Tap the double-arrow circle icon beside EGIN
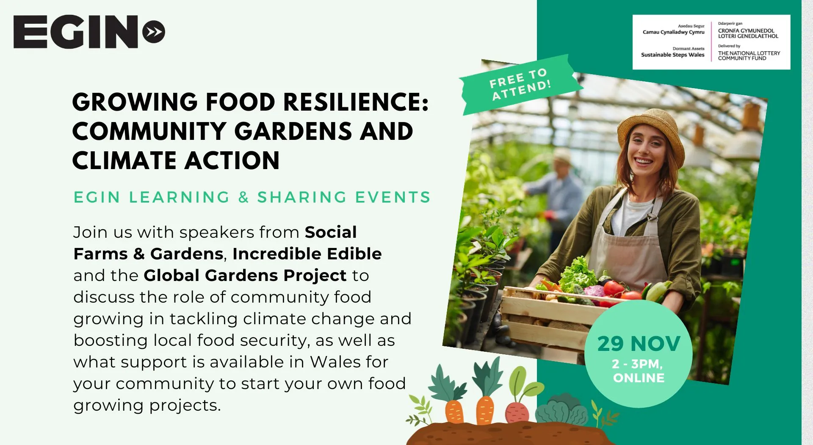click(x=153, y=32)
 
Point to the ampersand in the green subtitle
click(x=243, y=197)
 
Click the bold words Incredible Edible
click(x=307, y=253)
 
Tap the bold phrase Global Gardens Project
click(x=245, y=275)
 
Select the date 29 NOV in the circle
click(x=639, y=344)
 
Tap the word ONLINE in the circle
click(x=639, y=378)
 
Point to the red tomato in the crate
click(x=613, y=289)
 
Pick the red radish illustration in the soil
click(x=517, y=412)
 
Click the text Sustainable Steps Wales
click(x=672, y=55)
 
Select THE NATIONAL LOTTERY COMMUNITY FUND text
click(x=749, y=56)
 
